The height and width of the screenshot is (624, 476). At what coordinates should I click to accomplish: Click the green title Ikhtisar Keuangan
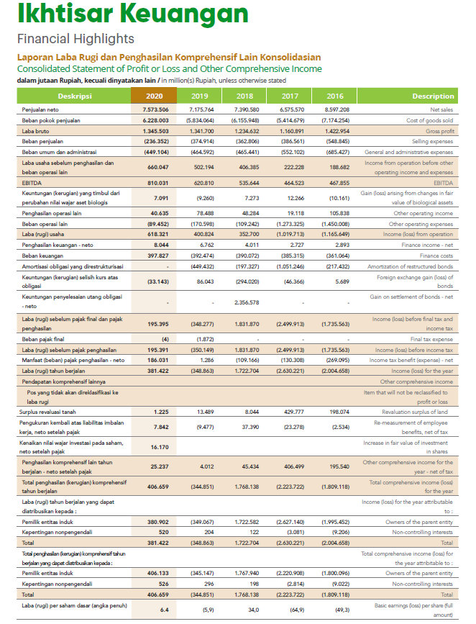point(132,14)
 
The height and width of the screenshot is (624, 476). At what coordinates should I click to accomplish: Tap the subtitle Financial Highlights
point(75,39)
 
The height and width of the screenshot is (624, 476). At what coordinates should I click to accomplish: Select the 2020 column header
point(154,96)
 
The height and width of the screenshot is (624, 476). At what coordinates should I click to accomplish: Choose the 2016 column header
point(334,96)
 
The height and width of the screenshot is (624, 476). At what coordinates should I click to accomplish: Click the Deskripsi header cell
point(75,96)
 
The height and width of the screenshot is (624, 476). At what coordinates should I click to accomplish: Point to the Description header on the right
point(433,96)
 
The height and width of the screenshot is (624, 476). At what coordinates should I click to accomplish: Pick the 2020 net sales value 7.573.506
point(155,109)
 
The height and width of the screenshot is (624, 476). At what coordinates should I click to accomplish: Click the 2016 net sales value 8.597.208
point(335,109)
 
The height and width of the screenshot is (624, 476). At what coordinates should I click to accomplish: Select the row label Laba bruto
point(36,131)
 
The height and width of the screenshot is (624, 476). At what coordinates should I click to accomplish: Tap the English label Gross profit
point(439,131)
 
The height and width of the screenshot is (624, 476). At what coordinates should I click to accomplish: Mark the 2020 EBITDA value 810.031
point(156,184)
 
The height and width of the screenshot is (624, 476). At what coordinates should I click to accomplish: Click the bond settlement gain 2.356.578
point(245,302)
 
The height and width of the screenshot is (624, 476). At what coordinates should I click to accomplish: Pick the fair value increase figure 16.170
point(160,446)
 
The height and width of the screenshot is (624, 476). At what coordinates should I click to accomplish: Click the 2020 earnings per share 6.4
point(164,609)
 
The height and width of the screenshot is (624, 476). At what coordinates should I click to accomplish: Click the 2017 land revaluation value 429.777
point(290,412)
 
